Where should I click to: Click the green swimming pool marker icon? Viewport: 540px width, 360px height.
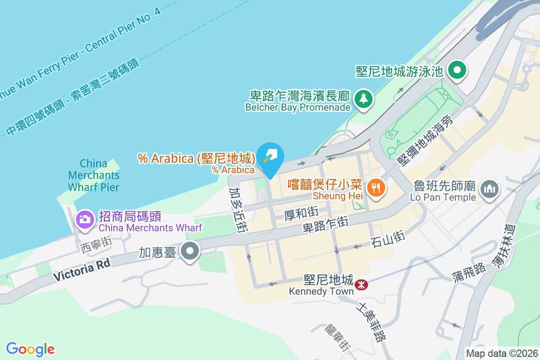pos(458,71)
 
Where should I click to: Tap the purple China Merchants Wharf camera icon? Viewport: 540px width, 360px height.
pos(85,219)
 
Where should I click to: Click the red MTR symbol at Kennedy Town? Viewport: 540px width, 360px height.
pos(360,285)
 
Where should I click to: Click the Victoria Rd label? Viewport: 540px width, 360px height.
pos(81,271)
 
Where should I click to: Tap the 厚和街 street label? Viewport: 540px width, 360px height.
pos(301,213)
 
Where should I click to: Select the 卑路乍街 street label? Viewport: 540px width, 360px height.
pos(325,223)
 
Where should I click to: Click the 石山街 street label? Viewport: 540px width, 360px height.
pos(388,238)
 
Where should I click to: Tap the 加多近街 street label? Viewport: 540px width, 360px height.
pos(238,211)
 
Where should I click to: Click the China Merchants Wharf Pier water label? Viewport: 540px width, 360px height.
pos(94,175)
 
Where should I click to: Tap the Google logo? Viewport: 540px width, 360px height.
pos(30,349)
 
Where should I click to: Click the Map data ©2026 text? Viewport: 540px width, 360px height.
pos(502,354)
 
